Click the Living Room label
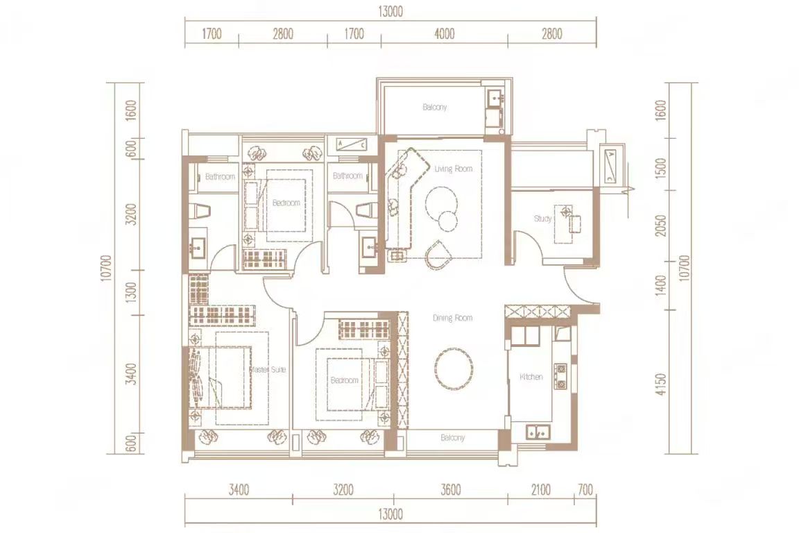point(453,169)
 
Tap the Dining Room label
point(452,318)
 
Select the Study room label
point(542,219)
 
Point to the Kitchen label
point(531,377)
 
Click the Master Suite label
point(268,370)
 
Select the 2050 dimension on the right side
point(660,225)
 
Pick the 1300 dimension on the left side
point(132,292)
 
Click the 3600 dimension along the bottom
point(450,491)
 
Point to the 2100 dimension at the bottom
point(540,491)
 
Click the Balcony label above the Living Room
point(435,108)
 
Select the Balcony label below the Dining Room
point(452,438)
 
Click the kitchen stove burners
point(560,375)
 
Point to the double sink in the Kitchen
point(538,432)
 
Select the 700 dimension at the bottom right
point(585,491)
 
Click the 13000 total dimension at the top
point(391,12)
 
